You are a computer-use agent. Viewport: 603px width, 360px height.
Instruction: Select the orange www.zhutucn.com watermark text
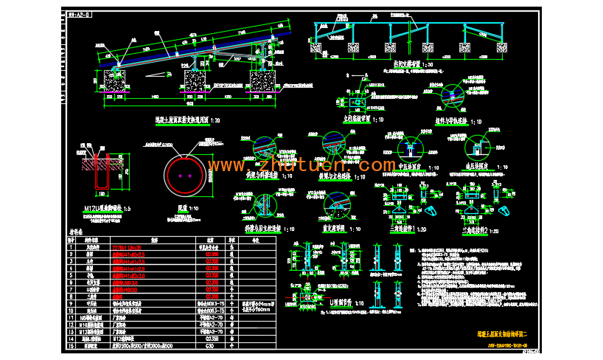coord(303,164)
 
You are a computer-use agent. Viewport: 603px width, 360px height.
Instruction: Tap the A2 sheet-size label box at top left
coord(79,15)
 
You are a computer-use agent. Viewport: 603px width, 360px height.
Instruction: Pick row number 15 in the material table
coord(72,345)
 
